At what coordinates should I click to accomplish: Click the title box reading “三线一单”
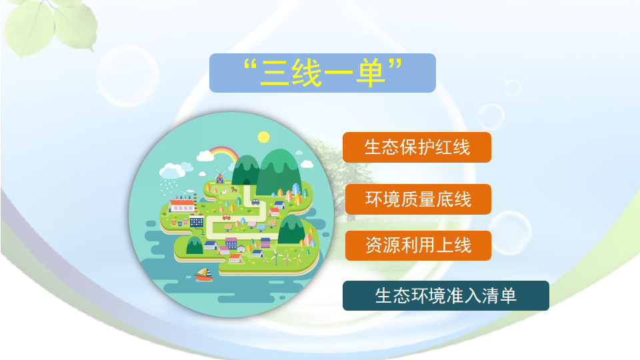[322, 73]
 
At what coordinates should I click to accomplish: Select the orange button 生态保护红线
[417, 147]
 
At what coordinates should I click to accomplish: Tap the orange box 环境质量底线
[417, 199]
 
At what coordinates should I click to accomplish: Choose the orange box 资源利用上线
[417, 245]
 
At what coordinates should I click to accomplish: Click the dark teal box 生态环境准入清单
[445, 295]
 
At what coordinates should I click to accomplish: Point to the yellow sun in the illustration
[263, 137]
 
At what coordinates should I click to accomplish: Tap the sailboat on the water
[203, 274]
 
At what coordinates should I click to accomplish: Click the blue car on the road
[255, 203]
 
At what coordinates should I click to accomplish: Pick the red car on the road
[227, 216]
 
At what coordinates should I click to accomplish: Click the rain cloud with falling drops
[172, 171]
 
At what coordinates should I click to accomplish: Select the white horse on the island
[225, 191]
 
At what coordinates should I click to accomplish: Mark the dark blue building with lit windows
[196, 221]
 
